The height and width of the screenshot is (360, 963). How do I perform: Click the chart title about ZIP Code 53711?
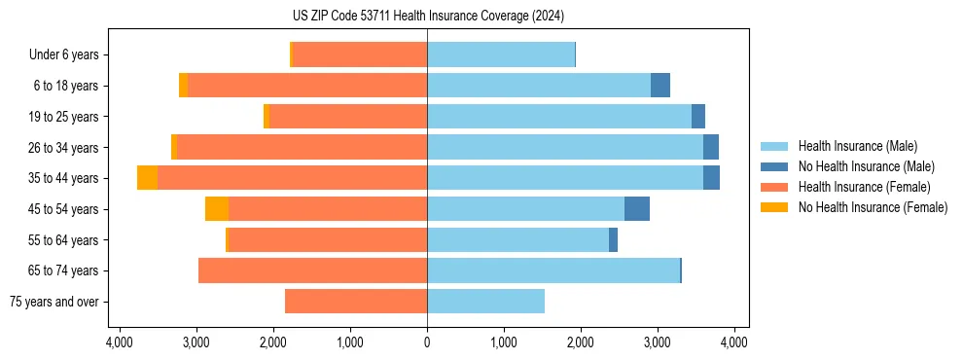[x=428, y=16]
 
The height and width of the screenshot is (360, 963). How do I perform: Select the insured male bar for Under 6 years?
[x=501, y=55]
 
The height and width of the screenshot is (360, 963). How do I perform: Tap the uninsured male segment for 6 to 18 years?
[x=660, y=86]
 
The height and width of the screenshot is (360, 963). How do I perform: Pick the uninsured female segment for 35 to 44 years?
[x=147, y=178]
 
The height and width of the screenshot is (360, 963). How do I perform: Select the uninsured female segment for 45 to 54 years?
[x=217, y=209]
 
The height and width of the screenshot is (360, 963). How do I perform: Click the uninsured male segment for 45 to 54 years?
[x=637, y=209]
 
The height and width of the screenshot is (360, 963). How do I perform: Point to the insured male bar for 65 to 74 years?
[x=553, y=270]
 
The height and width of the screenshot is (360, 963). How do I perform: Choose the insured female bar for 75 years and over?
[x=356, y=302]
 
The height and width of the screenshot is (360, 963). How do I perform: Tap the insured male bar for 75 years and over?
[x=485, y=302]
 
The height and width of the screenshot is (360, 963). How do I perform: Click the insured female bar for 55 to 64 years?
[x=328, y=240]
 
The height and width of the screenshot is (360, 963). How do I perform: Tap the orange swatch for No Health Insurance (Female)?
[x=773, y=207]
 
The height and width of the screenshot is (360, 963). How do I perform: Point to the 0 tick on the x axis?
[x=427, y=342]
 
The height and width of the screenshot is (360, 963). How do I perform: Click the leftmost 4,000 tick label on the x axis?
[x=120, y=342]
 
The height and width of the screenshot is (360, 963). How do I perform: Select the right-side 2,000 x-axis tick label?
[x=581, y=342]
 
